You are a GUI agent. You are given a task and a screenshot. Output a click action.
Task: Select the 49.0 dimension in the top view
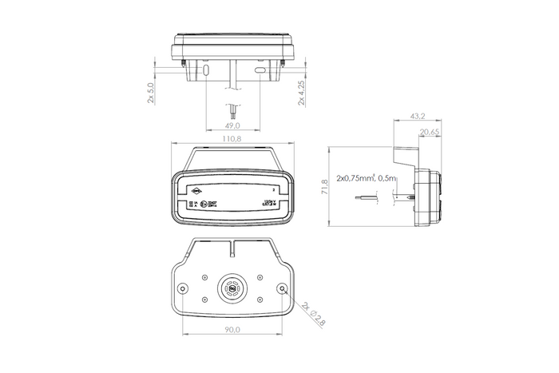pyautogui.click(x=232, y=125)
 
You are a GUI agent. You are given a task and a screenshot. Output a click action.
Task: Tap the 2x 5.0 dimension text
pyautogui.click(x=151, y=92)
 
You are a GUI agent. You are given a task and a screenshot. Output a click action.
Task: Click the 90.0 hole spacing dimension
pyautogui.click(x=232, y=327)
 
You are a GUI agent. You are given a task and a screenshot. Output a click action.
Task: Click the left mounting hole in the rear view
pyautogui.click(x=183, y=288)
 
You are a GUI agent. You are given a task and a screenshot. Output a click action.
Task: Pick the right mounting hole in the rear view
pyautogui.click(x=283, y=288)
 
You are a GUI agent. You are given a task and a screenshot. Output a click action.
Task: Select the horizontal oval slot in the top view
pyautogui.click(x=260, y=71)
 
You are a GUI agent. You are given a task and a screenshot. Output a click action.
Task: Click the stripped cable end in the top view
pyautogui.click(x=232, y=109)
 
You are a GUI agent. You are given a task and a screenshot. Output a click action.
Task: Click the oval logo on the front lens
pyautogui.click(x=196, y=192)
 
